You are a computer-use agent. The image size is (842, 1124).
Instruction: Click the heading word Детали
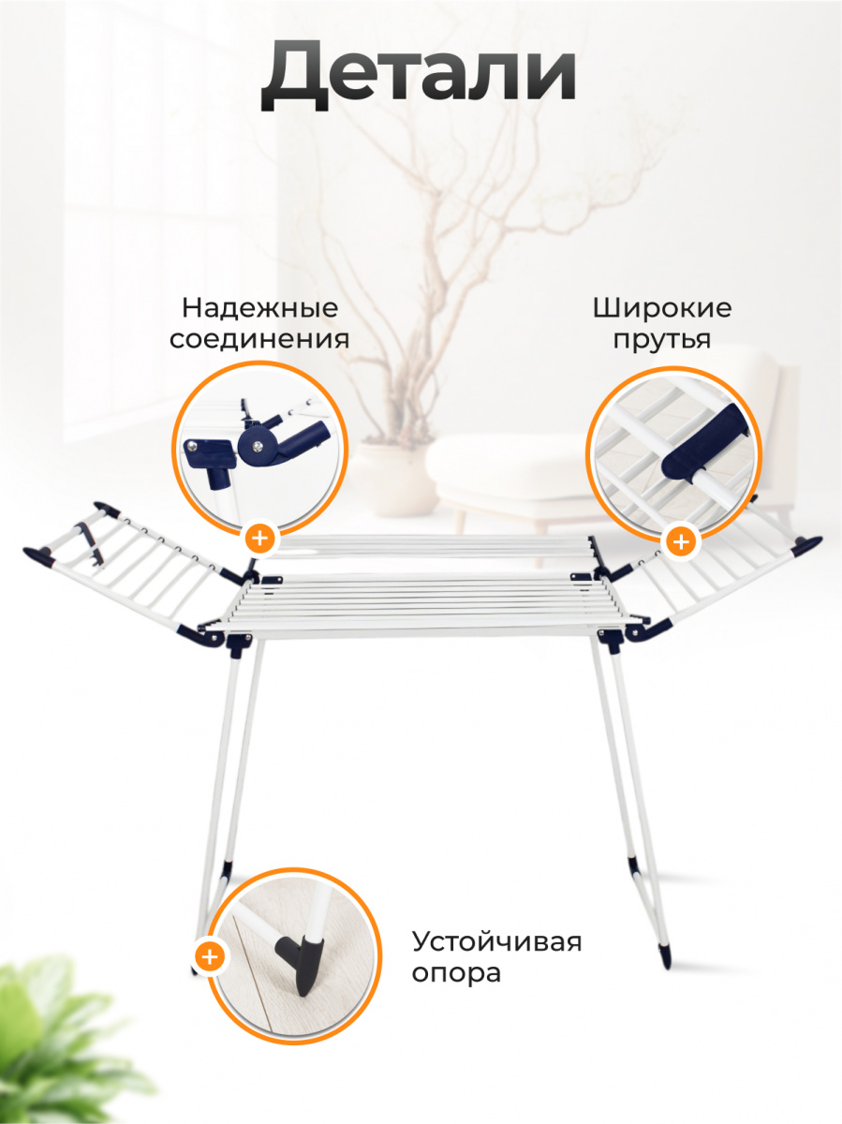coord(418,74)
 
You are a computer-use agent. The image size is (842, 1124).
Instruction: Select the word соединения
coord(259,338)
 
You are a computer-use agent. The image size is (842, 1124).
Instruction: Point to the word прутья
coord(662,338)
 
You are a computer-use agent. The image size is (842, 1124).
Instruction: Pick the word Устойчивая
coord(497,940)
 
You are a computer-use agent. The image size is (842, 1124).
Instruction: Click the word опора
coord(457,972)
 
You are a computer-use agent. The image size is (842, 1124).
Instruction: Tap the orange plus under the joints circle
coord(259,539)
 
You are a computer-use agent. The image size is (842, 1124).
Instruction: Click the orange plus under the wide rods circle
coord(681,540)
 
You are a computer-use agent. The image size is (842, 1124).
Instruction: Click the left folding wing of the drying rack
coord(131,571)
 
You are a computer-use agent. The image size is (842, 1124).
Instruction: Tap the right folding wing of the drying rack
coord(721,581)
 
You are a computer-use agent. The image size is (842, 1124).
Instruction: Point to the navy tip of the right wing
coord(807,544)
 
